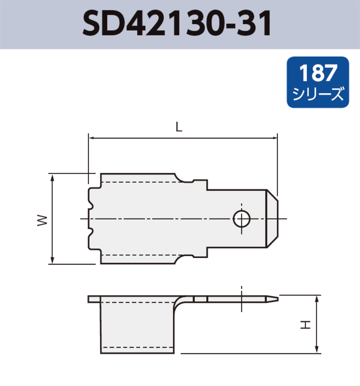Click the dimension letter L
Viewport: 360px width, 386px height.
[178, 127]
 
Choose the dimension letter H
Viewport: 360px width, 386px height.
[305, 324]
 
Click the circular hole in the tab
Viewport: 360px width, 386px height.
[242, 219]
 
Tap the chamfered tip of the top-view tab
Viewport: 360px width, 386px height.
[273, 219]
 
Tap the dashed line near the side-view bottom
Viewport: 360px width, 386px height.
[137, 347]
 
